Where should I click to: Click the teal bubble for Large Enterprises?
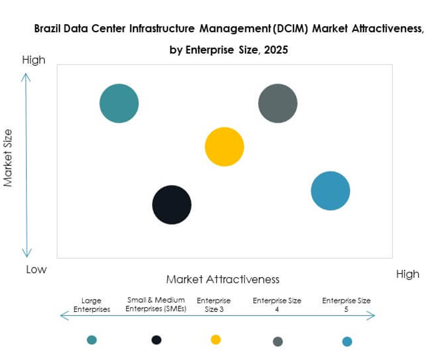pos(119,103)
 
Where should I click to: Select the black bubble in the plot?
pos(171,205)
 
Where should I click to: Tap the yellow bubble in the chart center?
pos(224,147)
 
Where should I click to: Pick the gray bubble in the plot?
pos(278,103)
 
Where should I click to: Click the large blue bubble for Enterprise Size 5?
pos(330,191)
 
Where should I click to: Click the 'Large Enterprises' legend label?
pos(92,305)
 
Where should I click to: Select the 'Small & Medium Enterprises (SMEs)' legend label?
pos(155,304)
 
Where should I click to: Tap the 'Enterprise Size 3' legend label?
pos(214,305)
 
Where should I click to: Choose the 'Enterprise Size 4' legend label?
pos(277,305)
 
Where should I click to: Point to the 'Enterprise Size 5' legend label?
pos(346,305)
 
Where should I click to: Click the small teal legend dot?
pos(92,340)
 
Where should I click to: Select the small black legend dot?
pos(157,340)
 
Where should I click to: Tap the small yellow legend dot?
pos(216,340)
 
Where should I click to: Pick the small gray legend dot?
pos(278,341)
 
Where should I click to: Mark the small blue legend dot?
pos(347,341)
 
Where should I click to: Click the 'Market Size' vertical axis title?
pos(8,158)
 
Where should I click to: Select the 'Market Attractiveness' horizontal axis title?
pos(222,279)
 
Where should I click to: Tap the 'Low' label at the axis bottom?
pos(36,270)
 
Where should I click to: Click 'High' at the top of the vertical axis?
pos(34,60)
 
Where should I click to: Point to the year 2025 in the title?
pos(275,51)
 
